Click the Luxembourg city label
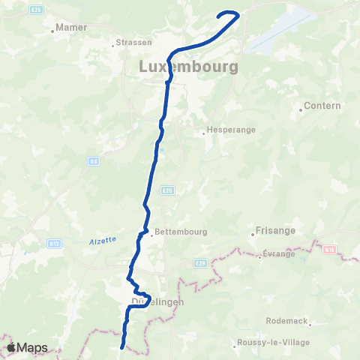click(x=189, y=67)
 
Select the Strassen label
click(x=135, y=43)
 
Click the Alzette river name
click(x=102, y=239)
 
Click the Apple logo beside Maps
click(x=12, y=347)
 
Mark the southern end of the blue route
click(x=122, y=346)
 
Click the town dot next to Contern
click(x=300, y=106)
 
